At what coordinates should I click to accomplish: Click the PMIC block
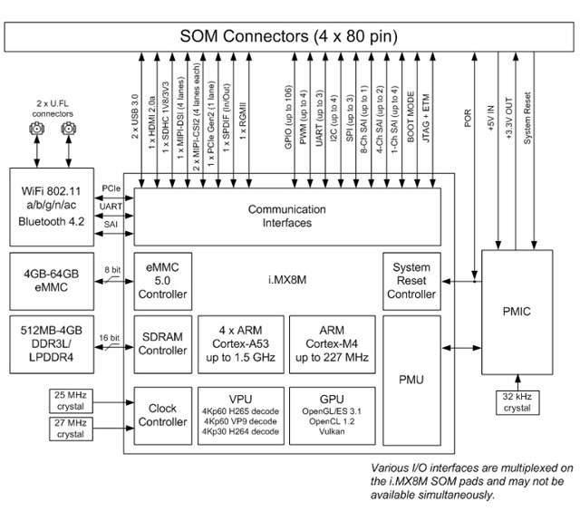(517, 312)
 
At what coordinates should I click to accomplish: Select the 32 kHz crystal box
(517, 402)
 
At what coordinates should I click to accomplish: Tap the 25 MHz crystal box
(71, 400)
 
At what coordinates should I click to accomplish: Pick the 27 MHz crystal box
(71, 429)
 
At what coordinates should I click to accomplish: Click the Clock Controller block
(163, 416)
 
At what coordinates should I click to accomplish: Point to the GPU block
(332, 416)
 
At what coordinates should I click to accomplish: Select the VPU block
(241, 416)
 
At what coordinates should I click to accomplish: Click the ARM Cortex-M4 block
(332, 344)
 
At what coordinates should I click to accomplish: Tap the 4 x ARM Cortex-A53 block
(241, 344)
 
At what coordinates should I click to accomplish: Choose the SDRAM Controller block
(163, 344)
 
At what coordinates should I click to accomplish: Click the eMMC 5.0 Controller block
(163, 281)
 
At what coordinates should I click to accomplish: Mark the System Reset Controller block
(411, 281)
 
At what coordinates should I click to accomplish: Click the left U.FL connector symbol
(37, 129)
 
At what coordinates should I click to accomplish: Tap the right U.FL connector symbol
(69, 129)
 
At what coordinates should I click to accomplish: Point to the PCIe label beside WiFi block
(111, 188)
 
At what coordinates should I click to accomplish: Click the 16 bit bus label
(109, 338)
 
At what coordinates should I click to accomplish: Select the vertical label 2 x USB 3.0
(135, 117)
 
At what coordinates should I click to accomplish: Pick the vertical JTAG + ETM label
(426, 119)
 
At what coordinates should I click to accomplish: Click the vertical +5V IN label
(491, 119)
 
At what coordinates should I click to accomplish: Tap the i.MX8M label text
(287, 280)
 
